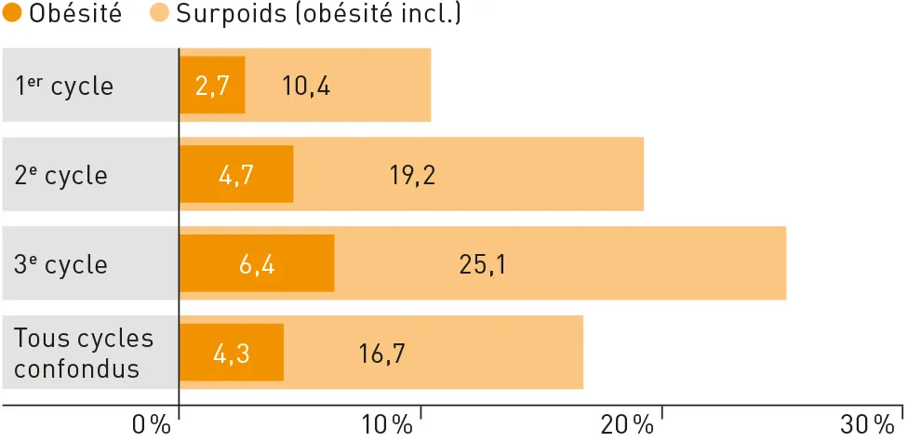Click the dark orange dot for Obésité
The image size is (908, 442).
pos(14,15)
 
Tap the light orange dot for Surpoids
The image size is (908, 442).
pos(158,15)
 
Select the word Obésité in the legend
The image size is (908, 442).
pos(76,15)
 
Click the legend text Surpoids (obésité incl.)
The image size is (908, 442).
pos(318,15)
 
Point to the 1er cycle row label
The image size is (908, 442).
pos(64,87)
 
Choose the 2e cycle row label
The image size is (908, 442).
pos(61,175)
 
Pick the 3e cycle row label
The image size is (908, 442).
pos(61,264)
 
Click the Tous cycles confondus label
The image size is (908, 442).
pos(84,353)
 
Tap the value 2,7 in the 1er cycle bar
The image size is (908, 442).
pos(212,87)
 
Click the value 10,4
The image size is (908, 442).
pos(306,87)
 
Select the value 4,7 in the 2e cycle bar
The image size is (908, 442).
pos(236,175)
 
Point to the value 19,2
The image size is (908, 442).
pos(413,175)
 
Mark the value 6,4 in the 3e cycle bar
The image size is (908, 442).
pos(257,264)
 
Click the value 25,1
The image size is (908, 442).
pos(483,264)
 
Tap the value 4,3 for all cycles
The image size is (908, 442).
pos(232,354)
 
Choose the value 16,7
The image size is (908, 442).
pos(381,354)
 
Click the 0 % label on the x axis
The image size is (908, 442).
pos(152,425)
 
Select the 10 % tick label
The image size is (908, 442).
pos(387,425)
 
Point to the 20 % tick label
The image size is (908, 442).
pos(628,425)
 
